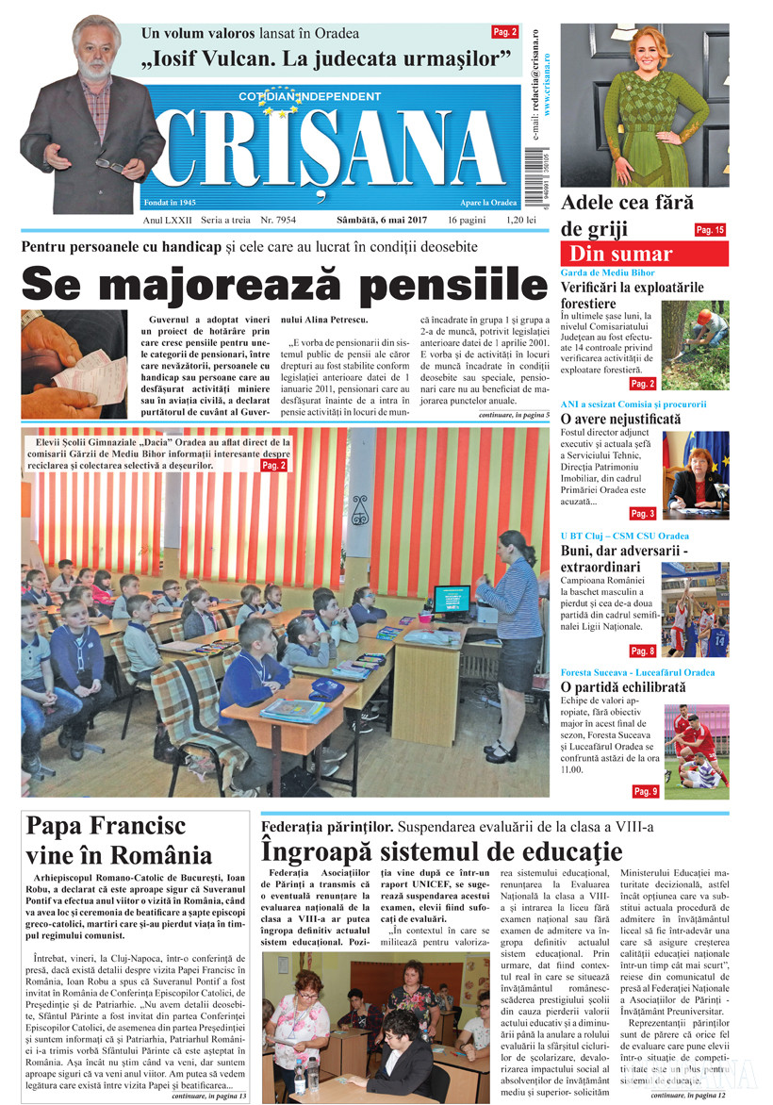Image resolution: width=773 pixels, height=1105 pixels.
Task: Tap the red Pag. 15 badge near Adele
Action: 709,229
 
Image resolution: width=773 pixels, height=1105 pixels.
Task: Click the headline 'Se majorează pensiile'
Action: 278,283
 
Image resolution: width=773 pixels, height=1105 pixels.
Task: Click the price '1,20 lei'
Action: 522,220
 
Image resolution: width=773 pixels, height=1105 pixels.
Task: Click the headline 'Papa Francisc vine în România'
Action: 120,840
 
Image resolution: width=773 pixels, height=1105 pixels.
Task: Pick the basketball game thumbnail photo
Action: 695,610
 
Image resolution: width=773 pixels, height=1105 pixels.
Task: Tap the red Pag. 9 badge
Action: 645,791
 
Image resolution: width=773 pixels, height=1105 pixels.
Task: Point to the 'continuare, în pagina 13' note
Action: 209,1097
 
